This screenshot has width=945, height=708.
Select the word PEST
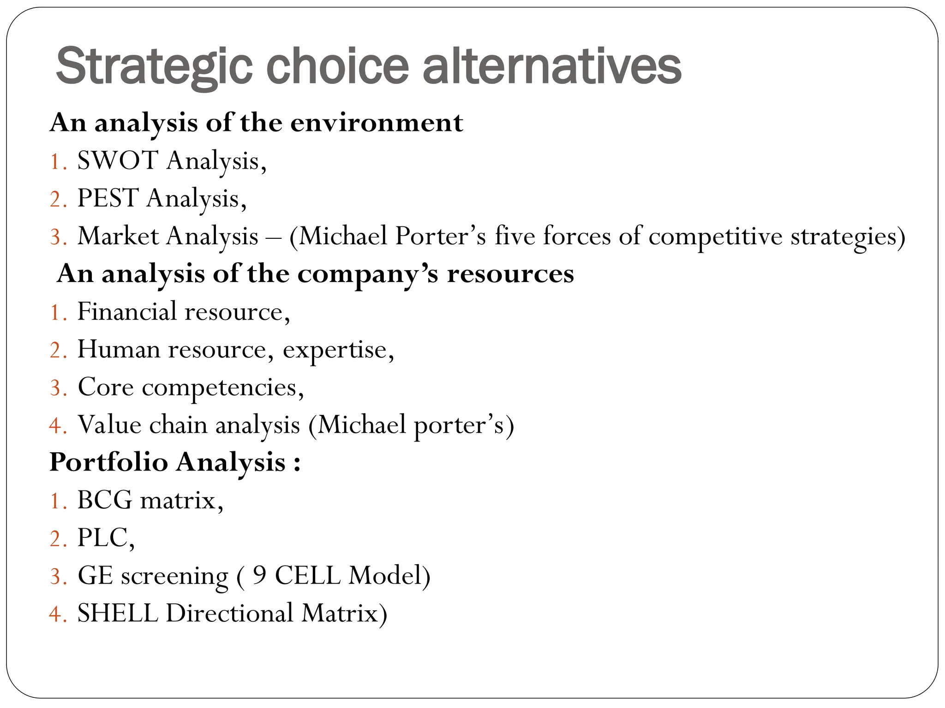[x=108, y=199]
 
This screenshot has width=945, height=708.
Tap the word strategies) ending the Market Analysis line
[x=848, y=237]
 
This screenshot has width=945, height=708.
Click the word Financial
[x=127, y=312]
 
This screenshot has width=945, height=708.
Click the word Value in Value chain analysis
[x=109, y=425]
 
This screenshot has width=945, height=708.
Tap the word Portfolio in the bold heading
[x=108, y=462]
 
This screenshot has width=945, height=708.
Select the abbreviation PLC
[x=102, y=538]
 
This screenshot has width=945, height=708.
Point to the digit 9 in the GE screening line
[x=260, y=576]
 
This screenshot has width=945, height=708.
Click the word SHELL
[x=117, y=614]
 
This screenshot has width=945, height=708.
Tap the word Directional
[x=229, y=614]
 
